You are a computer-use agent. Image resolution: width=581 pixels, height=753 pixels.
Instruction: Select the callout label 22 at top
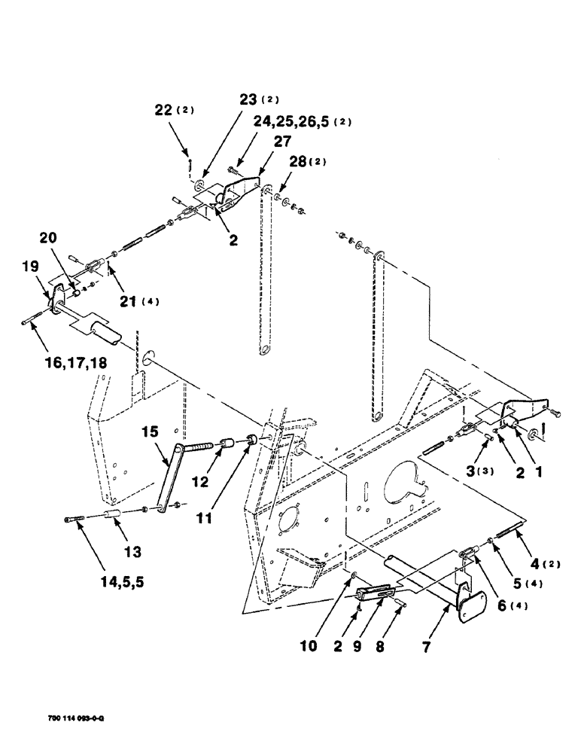[x=172, y=109]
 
